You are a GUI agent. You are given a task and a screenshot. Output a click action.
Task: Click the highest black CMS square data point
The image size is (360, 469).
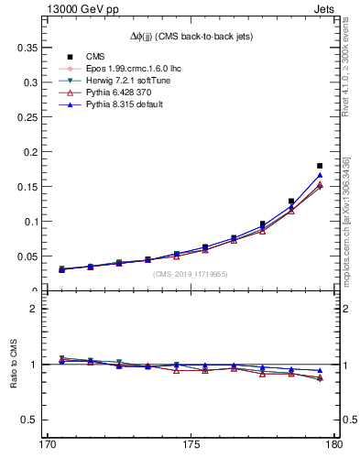pos(320,166)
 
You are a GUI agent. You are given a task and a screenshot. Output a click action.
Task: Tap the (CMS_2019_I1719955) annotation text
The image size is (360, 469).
pos(191,273)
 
